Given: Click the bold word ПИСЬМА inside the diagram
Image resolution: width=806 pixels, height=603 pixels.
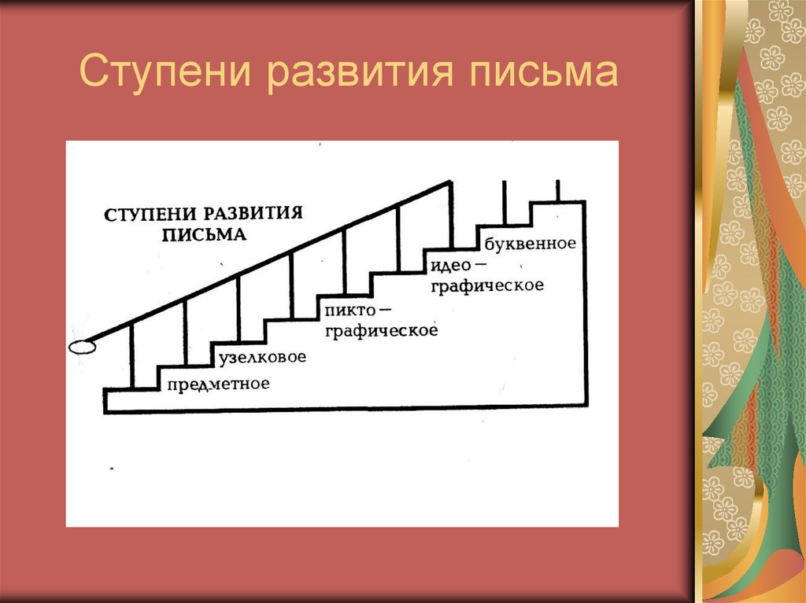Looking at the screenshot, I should pyautogui.click(x=204, y=234).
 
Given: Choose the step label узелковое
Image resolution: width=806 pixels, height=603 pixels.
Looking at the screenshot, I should pyautogui.click(x=262, y=358).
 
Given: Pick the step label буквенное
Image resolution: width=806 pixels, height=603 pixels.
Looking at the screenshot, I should pyautogui.click(x=531, y=243).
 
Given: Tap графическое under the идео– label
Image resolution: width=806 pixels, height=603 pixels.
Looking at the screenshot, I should pyautogui.click(x=487, y=285).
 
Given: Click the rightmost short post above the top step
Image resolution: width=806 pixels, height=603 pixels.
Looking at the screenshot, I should pyautogui.click(x=557, y=190).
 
